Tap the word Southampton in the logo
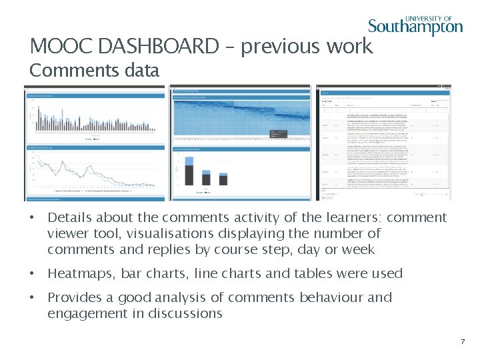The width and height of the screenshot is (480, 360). (415, 27)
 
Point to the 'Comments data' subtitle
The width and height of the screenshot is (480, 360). (95, 70)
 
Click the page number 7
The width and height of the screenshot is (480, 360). (462, 341)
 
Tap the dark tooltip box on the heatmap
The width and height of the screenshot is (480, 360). (278, 134)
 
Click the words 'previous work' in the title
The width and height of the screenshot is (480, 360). (307, 46)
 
